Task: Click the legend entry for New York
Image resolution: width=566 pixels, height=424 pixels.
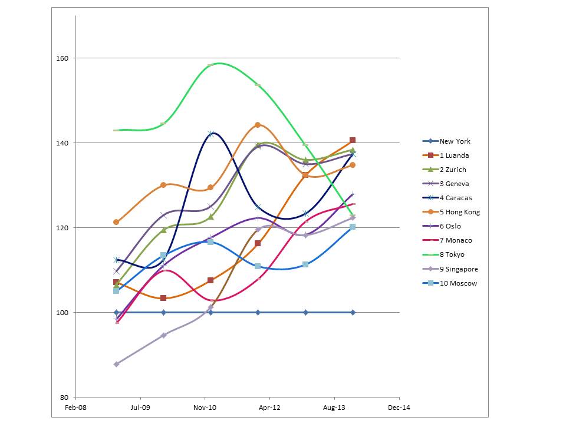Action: pyautogui.click(x=455, y=141)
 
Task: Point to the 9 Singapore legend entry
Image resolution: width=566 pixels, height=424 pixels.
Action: pyautogui.click(x=460, y=269)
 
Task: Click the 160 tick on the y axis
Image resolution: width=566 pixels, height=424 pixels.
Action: pyautogui.click(x=62, y=58)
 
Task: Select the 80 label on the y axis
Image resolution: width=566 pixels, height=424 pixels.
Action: pyautogui.click(x=64, y=397)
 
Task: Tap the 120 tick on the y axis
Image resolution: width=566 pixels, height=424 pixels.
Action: pyautogui.click(x=62, y=228)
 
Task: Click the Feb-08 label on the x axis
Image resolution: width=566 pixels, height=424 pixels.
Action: pyautogui.click(x=75, y=407)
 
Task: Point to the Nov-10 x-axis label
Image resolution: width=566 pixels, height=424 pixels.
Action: pyautogui.click(x=205, y=407)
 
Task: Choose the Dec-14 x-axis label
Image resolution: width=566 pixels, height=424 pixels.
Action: pyautogui.click(x=399, y=407)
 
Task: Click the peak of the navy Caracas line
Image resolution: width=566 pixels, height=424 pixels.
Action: pyautogui.click(x=211, y=134)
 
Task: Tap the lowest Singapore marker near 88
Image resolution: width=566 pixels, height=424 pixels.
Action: pyautogui.click(x=116, y=364)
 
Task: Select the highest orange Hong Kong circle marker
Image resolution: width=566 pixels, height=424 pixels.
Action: pyautogui.click(x=258, y=125)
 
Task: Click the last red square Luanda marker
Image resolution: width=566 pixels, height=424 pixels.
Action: pyautogui.click(x=353, y=140)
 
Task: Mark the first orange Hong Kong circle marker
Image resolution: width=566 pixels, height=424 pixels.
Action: pyautogui.click(x=116, y=222)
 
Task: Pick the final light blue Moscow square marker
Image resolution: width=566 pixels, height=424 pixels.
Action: pyautogui.click(x=353, y=227)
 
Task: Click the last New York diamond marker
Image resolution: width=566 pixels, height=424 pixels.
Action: pyautogui.click(x=353, y=312)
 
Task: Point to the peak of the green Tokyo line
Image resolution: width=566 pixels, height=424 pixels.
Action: pyautogui.click(x=219, y=63)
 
